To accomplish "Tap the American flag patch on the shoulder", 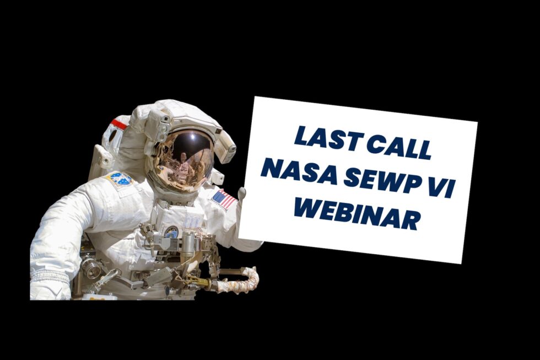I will pyautogui.click(x=224, y=198).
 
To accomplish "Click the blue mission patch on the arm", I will pyautogui.click(x=121, y=179).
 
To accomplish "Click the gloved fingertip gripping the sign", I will pyautogui.click(x=241, y=192).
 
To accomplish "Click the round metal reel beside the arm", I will pyautogui.click(x=90, y=267).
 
